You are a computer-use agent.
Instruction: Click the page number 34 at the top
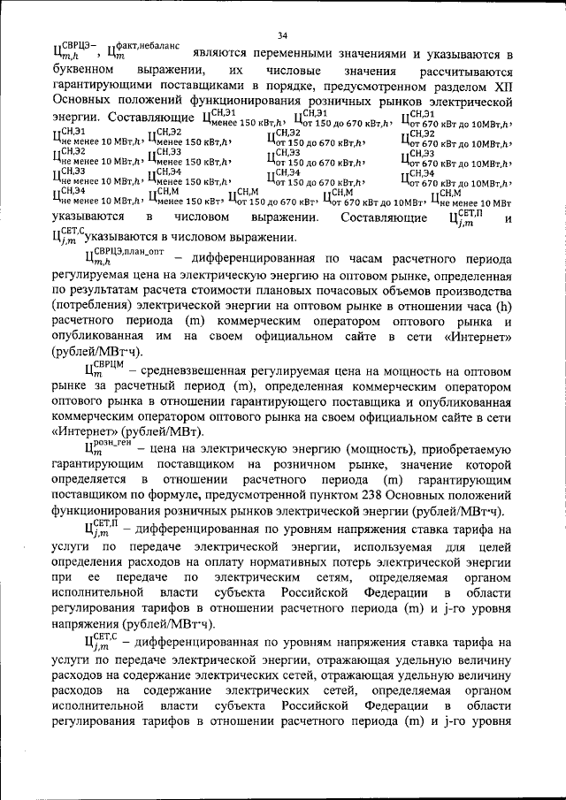(283, 35)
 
